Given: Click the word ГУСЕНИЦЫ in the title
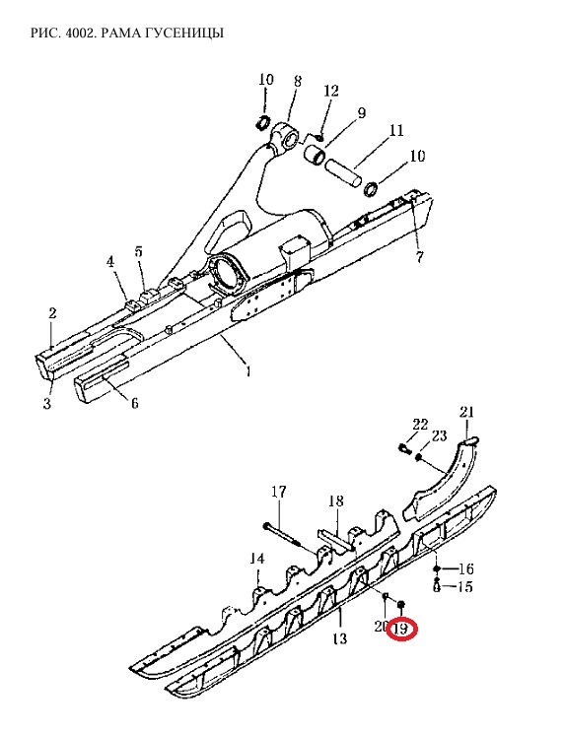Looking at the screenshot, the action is tap(188, 33).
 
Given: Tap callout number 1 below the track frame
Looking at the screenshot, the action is tap(247, 371).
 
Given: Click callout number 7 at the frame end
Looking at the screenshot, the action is tap(419, 256).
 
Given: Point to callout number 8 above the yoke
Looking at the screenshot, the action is tap(298, 81).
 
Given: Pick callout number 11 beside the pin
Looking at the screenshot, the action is tap(396, 130).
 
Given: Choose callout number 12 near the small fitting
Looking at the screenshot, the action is tap(330, 91).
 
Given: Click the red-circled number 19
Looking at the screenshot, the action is tap(401, 629).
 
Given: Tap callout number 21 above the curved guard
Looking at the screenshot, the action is tap(466, 412).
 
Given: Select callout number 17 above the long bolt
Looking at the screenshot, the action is tap(278, 492).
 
